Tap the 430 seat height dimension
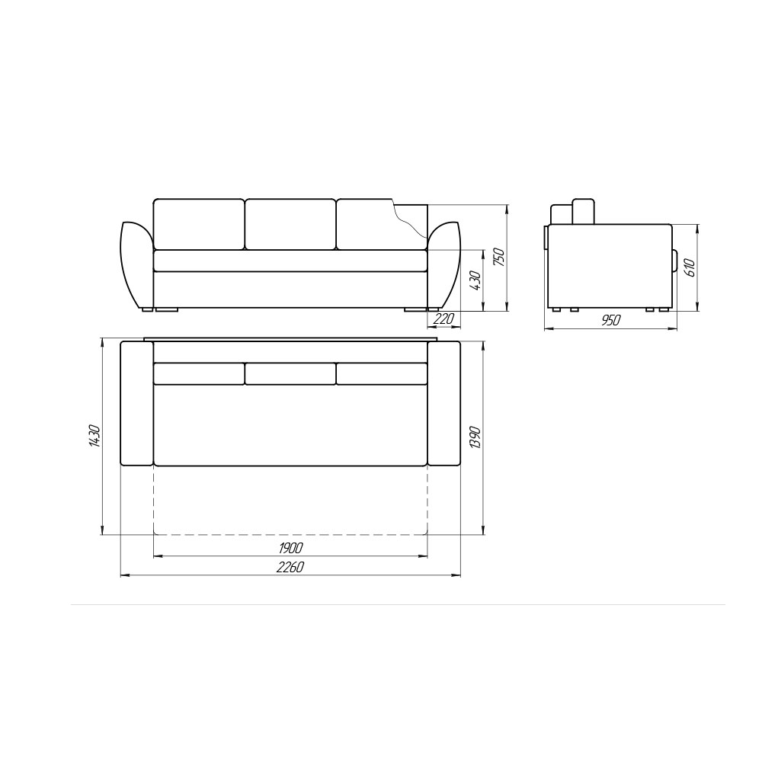click(475, 280)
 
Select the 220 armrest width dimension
click(443, 319)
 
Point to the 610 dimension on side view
click(690, 267)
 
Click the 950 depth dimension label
click(611, 320)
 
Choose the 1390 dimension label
click(475, 438)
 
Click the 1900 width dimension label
click(290, 548)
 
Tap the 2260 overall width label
click(290, 567)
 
